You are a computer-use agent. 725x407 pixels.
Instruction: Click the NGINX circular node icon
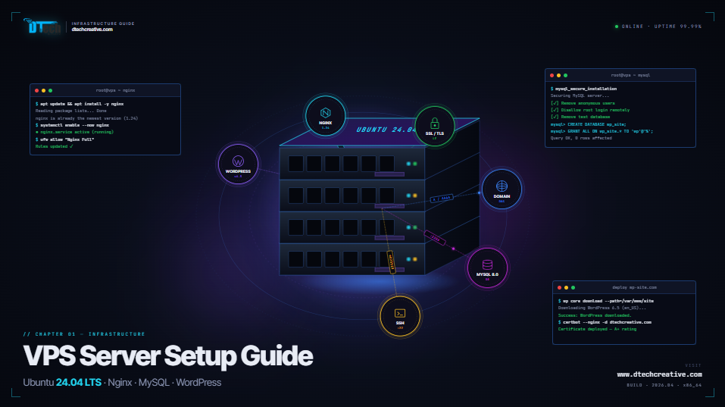(325, 115)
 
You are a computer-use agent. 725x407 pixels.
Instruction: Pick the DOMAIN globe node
(502, 189)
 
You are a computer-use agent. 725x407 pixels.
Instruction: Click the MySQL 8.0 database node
(487, 268)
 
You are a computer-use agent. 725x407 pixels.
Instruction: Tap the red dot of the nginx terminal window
(36, 90)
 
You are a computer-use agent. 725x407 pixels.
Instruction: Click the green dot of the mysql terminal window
(565, 76)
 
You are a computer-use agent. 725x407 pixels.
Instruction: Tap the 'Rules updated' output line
(52, 146)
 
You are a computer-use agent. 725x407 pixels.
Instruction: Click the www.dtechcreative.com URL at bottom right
(659, 374)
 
